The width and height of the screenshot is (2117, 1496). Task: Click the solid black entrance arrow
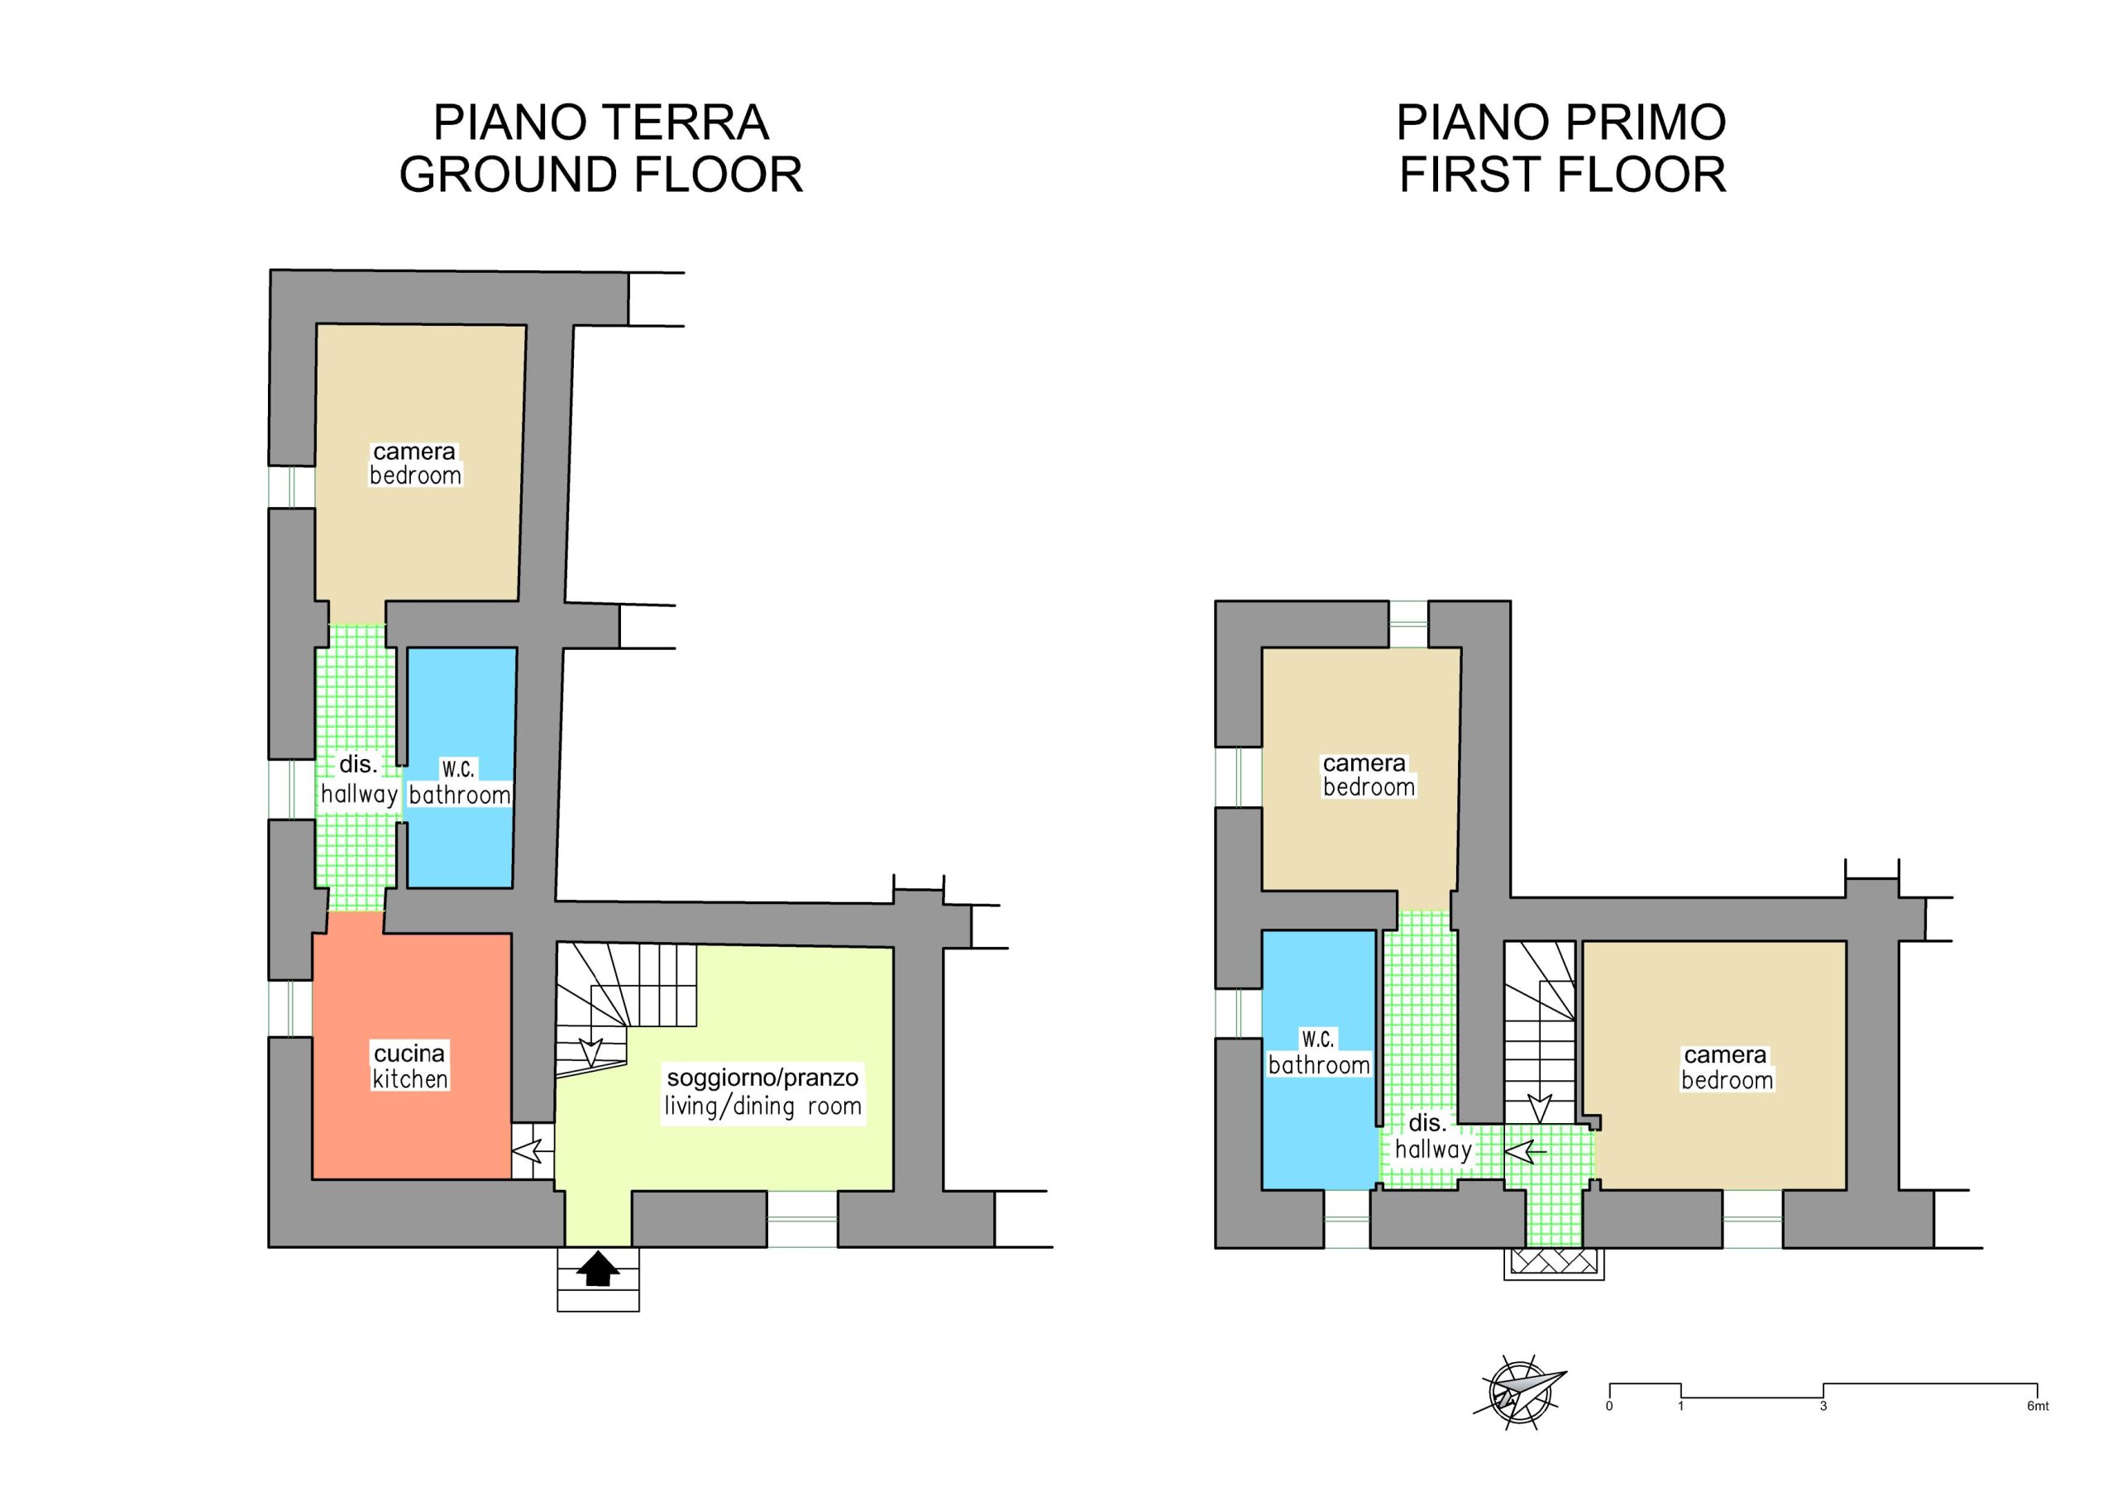(x=598, y=1269)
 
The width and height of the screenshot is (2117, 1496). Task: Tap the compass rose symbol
(x=1518, y=1392)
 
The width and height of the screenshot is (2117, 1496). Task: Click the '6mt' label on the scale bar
(x=2037, y=1407)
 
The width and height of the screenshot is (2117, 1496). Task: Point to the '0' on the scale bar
(x=1609, y=1407)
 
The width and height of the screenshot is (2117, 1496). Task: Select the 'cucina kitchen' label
(x=409, y=1065)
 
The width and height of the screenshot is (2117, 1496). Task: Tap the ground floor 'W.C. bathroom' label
(x=459, y=782)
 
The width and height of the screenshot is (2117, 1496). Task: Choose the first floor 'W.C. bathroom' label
(x=1318, y=1053)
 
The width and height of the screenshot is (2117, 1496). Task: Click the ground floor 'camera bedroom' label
(x=415, y=463)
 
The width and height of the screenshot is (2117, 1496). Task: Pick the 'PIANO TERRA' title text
(x=601, y=122)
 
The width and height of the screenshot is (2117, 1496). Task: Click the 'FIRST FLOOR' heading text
(x=1562, y=174)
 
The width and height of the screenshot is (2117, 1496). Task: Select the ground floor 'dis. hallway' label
(x=359, y=779)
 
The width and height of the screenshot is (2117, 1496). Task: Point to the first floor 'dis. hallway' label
(x=1432, y=1135)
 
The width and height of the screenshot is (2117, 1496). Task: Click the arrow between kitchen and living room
(x=532, y=1151)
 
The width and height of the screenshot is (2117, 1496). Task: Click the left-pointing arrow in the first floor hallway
(x=1525, y=1151)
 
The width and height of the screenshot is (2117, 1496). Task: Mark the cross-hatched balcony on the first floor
(x=1554, y=1262)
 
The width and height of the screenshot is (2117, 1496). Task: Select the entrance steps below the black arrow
(x=598, y=1279)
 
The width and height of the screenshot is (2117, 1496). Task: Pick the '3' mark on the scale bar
(x=1823, y=1407)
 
